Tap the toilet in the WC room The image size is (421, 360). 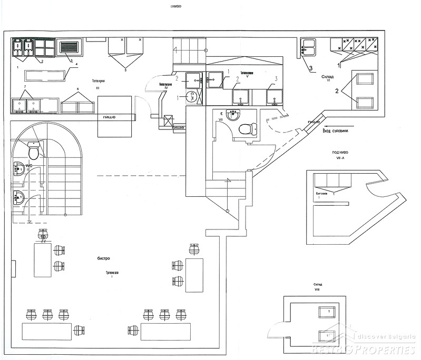(33, 153)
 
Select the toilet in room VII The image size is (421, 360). (246, 128)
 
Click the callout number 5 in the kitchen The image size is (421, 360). (125, 69)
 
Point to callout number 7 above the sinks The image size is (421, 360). (24, 86)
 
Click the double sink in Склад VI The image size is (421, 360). (308, 47)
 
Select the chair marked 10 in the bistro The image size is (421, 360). (43, 235)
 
